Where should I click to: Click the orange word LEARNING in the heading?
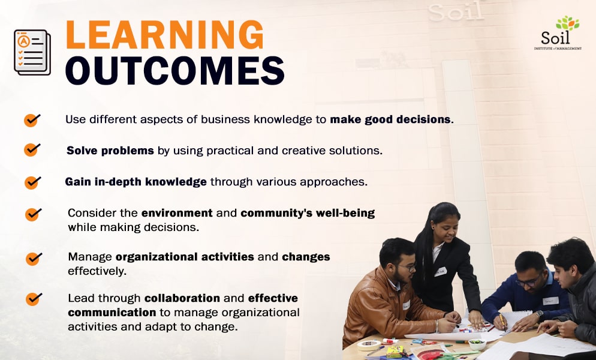click(x=164, y=35)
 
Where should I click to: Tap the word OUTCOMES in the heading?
click(x=174, y=71)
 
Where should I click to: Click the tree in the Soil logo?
click(x=567, y=24)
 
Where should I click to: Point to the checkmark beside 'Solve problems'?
click(x=32, y=149)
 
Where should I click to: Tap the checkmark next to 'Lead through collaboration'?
click(x=33, y=298)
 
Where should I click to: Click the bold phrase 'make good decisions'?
click(x=390, y=119)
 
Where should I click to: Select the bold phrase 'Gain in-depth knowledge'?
click(x=136, y=182)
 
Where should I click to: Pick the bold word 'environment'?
click(x=177, y=213)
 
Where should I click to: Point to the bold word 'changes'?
click(x=306, y=257)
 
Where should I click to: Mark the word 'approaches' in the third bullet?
click(x=336, y=182)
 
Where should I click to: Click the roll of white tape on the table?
click(x=368, y=345)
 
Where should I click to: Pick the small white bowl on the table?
click(x=477, y=344)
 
